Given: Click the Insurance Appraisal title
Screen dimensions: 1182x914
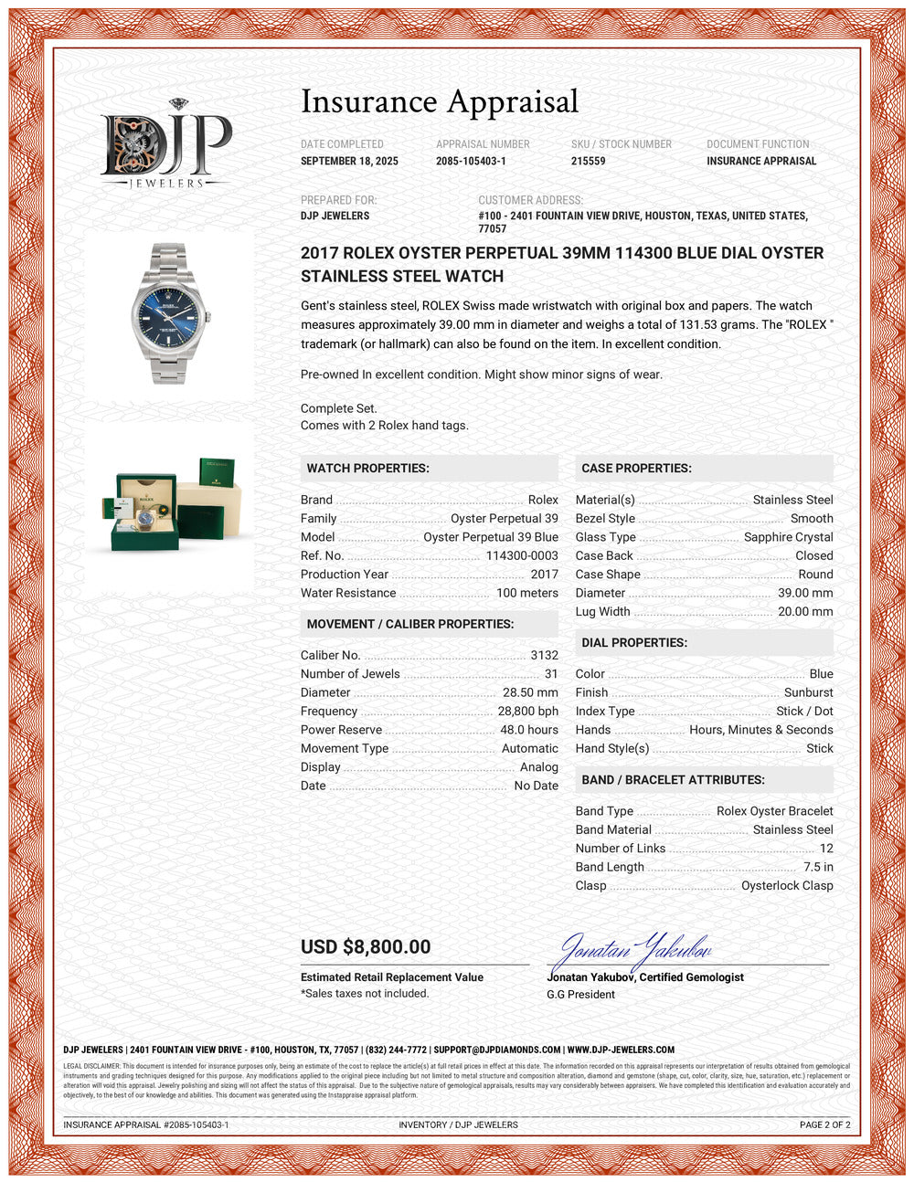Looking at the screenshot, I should pos(440,101).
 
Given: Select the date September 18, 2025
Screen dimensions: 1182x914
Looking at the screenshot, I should pos(349,161).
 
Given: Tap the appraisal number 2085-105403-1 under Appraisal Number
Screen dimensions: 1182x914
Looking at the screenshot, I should pos(471,161).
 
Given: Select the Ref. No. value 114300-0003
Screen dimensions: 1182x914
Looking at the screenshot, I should pos(521,555).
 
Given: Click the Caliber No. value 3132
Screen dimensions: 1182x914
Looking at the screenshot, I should pos(544,655).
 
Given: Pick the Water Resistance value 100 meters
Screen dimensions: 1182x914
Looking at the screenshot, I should pos(526,593).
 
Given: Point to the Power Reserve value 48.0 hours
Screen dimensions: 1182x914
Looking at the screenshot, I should pos(529,730).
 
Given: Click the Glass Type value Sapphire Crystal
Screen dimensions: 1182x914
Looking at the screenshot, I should pos(788,537).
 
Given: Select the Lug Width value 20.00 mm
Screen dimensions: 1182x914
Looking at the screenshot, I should pos(805,612).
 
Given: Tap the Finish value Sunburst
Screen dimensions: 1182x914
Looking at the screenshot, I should pos(808,692).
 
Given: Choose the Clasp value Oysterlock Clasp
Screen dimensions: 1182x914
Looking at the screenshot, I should pos(787,885).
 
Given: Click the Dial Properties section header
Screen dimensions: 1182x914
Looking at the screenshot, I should pos(634,642).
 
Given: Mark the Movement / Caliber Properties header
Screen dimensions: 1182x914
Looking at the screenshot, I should pos(409,624).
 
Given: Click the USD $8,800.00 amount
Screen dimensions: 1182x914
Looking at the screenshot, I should pos(366,947).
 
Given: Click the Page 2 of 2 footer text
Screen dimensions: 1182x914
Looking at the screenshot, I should pos(824,1124).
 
